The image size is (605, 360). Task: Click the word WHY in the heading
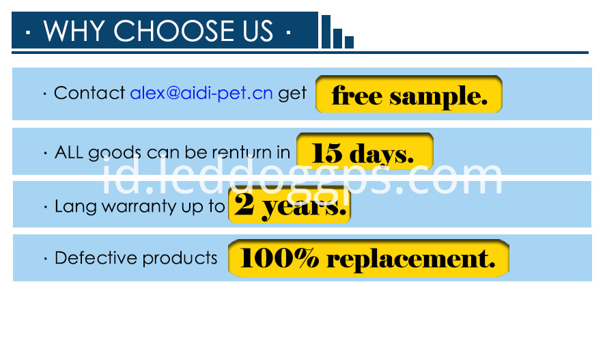(74, 31)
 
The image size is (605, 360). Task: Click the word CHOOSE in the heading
(173, 31)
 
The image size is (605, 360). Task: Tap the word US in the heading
(257, 31)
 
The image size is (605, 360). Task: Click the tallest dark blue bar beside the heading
(326, 31)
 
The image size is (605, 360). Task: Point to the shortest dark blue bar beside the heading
(349, 42)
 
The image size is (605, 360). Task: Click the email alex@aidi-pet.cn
(201, 94)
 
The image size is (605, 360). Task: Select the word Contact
(89, 93)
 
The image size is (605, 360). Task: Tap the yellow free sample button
(409, 94)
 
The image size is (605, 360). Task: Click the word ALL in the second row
(69, 152)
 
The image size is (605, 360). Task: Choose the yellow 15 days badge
(365, 152)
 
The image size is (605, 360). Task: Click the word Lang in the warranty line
(76, 207)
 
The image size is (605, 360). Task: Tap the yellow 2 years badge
(290, 205)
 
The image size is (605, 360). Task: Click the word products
(180, 258)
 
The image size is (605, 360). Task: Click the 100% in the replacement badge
(279, 258)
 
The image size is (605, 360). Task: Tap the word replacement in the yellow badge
(411, 260)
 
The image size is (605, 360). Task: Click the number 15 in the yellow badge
(326, 153)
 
